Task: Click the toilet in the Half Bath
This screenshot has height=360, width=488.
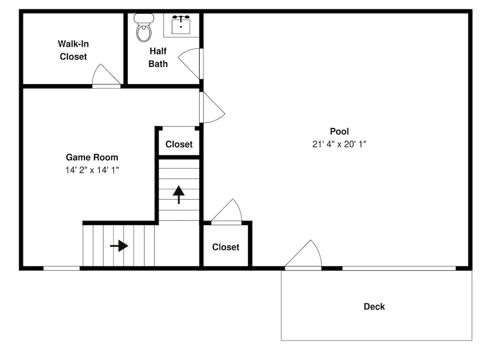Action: [x=143, y=27]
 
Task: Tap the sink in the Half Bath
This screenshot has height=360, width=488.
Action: [x=181, y=24]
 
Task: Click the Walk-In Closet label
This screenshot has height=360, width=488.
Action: [x=74, y=50]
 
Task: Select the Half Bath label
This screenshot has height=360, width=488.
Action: [x=158, y=57]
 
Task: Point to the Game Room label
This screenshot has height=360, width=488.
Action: [x=92, y=157]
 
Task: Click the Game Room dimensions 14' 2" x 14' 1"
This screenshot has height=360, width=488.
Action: [x=92, y=170]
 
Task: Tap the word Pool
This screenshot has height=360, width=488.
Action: [x=339, y=131]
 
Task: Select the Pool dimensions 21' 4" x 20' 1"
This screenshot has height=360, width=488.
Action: [x=339, y=144]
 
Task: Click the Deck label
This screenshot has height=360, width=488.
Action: [x=374, y=306]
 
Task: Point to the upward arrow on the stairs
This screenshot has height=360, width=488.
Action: [x=179, y=194]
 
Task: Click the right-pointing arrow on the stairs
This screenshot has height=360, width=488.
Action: [x=119, y=246]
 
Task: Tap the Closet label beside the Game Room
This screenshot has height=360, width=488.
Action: [x=179, y=144]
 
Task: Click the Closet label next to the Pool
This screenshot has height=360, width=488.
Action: [x=225, y=247]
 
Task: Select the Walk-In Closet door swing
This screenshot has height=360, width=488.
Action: [x=106, y=75]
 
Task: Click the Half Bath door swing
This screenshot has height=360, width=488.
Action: [x=188, y=64]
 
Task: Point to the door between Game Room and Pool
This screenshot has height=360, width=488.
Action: [x=212, y=107]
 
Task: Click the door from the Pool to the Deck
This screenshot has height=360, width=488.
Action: [x=303, y=254]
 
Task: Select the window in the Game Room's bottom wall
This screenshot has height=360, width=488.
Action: [x=61, y=268]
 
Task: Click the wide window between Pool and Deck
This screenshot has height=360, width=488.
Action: [x=399, y=268]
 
